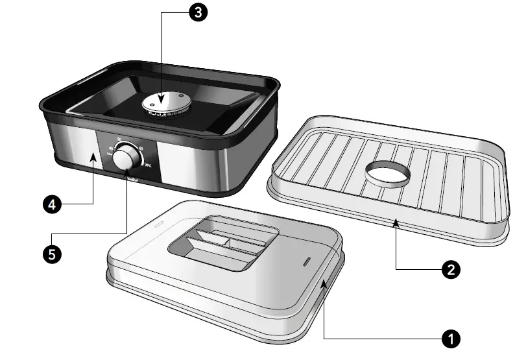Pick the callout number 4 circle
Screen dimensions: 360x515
point(52,204)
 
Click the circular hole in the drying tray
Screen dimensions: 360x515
point(388,172)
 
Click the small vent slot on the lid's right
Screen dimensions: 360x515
point(305,262)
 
